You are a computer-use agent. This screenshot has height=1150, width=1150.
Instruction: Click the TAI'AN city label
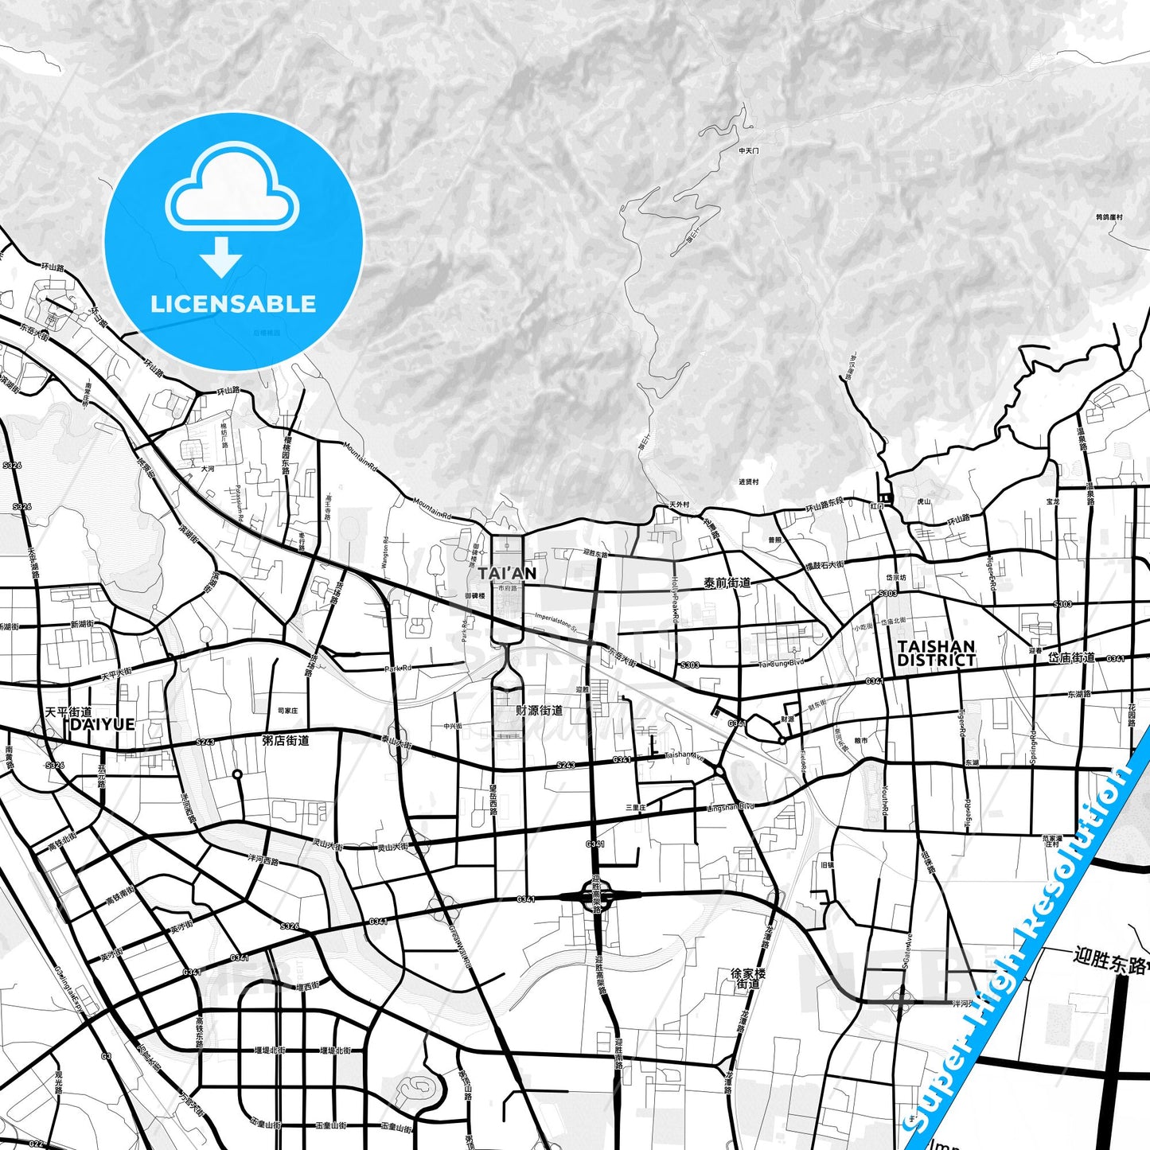pos(507,573)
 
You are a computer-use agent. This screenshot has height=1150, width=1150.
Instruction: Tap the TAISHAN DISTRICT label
pos(936,653)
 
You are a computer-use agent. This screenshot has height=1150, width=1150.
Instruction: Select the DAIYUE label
pos(103,725)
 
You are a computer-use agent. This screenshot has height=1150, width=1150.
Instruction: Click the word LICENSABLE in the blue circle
pos(233,304)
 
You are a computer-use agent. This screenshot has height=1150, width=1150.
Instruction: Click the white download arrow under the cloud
pos(221,257)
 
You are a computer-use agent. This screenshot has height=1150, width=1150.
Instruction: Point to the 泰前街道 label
pos(727,583)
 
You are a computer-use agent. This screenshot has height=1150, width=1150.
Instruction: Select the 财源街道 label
pos(539,710)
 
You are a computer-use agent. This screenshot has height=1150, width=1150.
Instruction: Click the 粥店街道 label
pos(285,740)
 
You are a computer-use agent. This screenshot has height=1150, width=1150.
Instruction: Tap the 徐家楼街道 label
pos(748,978)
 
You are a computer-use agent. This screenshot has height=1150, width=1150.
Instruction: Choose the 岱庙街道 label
pos(1070,657)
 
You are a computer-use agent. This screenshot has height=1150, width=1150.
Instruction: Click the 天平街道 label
pos(68,712)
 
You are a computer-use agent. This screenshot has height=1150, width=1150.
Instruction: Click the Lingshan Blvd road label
pos(730,808)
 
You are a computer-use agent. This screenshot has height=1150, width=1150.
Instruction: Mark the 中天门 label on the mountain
pos(749,150)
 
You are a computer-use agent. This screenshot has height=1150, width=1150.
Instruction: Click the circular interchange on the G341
pos(596,895)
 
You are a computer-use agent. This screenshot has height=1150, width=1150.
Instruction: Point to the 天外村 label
pos(679,505)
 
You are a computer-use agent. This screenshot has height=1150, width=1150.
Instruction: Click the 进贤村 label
pos(748,481)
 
